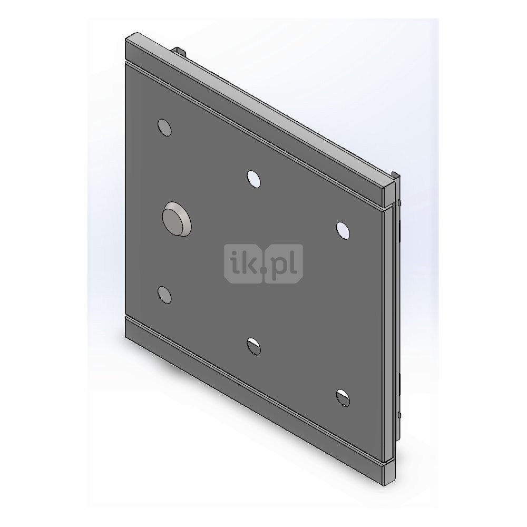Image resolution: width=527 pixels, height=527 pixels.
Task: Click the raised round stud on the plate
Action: [177, 219]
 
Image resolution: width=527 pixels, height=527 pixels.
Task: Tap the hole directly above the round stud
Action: [164, 128]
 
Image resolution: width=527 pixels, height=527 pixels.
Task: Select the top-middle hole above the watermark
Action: [254, 179]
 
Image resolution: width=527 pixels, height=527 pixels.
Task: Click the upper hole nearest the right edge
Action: [343, 231]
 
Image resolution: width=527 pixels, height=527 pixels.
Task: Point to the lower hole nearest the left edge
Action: [164, 295]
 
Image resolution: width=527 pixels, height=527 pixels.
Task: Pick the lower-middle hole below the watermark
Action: [254, 346]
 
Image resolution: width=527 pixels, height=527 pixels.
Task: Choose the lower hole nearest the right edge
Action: [343, 397]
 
